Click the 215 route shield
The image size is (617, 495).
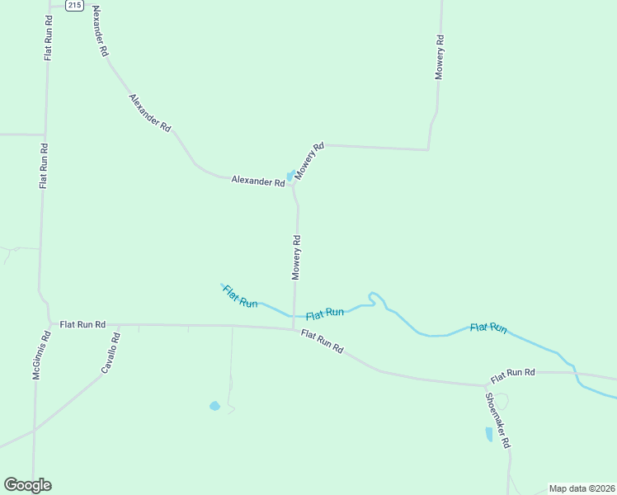pyautogui.click(x=74, y=5)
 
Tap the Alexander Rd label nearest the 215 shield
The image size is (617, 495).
pyautogui.click(x=100, y=31)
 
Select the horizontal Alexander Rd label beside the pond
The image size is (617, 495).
pyautogui.click(x=257, y=180)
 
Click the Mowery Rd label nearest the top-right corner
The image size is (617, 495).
pyautogui.click(x=440, y=57)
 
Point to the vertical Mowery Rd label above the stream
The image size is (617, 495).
pyautogui.click(x=296, y=257)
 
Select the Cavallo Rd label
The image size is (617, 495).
pyautogui.click(x=111, y=351)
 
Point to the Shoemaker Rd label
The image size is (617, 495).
pyautogui.click(x=497, y=420)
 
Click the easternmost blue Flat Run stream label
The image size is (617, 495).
pyautogui.click(x=488, y=328)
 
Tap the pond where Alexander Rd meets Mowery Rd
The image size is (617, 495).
pyautogui.click(x=290, y=176)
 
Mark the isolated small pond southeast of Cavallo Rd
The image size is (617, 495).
pyautogui.click(x=214, y=406)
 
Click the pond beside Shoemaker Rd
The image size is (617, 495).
pyautogui.click(x=489, y=434)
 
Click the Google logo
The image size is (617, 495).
pyautogui.click(x=27, y=485)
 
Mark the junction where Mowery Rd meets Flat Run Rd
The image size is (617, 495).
pyautogui.click(x=294, y=330)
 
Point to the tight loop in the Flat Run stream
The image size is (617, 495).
pyautogui.click(x=375, y=297)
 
